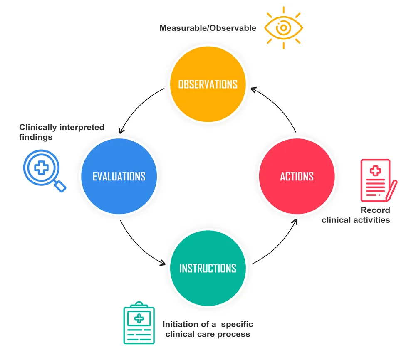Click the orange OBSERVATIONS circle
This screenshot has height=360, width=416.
(208, 84)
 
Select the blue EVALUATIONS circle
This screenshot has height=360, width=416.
(119, 176)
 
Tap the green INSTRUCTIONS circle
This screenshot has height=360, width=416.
(208, 268)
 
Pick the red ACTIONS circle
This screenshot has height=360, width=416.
(297, 176)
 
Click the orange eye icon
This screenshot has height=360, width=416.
(283, 28)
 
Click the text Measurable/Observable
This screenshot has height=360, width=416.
(208, 28)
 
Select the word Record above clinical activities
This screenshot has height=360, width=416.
(375, 210)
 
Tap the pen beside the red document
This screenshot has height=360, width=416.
(392, 189)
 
